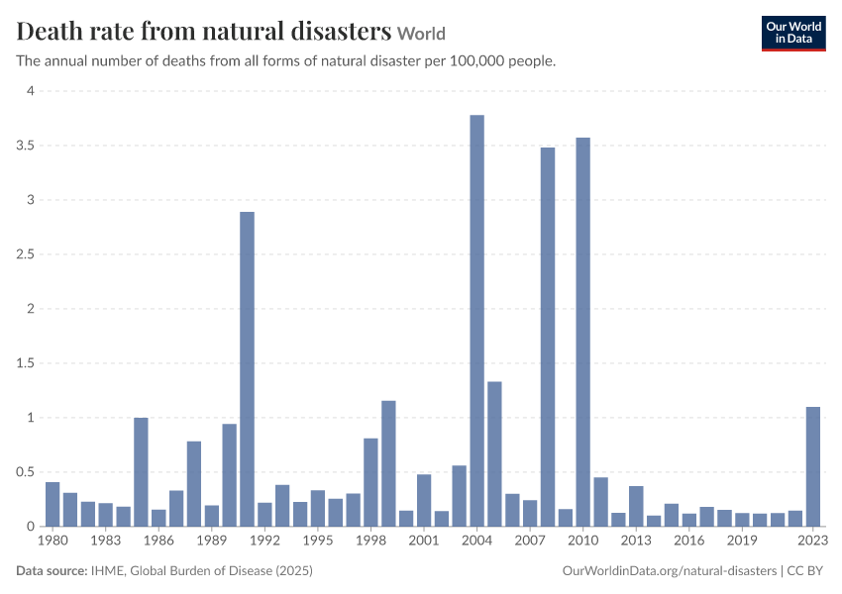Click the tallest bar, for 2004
click(476, 321)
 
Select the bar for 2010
click(583, 333)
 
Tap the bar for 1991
click(247, 369)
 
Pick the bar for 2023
click(813, 467)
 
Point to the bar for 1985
click(141, 472)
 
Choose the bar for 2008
click(548, 337)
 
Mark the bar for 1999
click(388, 463)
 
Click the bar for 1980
click(53, 504)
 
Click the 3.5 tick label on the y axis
click(25, 146)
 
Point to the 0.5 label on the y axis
click(25, 471)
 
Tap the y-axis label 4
click(31, 91)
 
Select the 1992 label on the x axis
click(264, 541)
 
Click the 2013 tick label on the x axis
click(636, 541)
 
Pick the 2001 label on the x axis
click(424, 541)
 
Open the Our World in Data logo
click(793, 34)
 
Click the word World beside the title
click(422, 34)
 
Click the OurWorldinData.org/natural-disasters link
click(670, 571)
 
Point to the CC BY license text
click(805, 571)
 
